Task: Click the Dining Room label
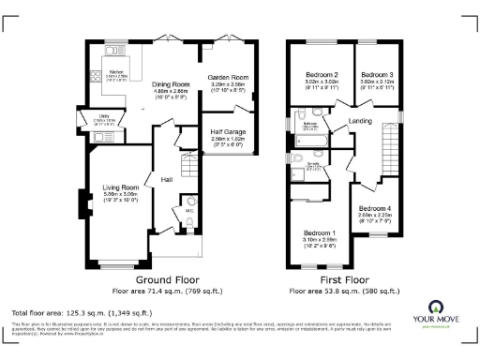pyautogui.click(x=172, y=83)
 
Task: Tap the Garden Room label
pyautogui.click(x=227, y=76)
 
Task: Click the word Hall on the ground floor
pyautogui.click(x=167, y=178)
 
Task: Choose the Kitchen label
pyautogui.click(x=117, y=71)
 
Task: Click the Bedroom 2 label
pyautogui.click(x=322, y=74)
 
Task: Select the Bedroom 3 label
pyautogui.click(x=377, y=74)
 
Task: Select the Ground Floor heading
pyautogui.click(x=167, y=280)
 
